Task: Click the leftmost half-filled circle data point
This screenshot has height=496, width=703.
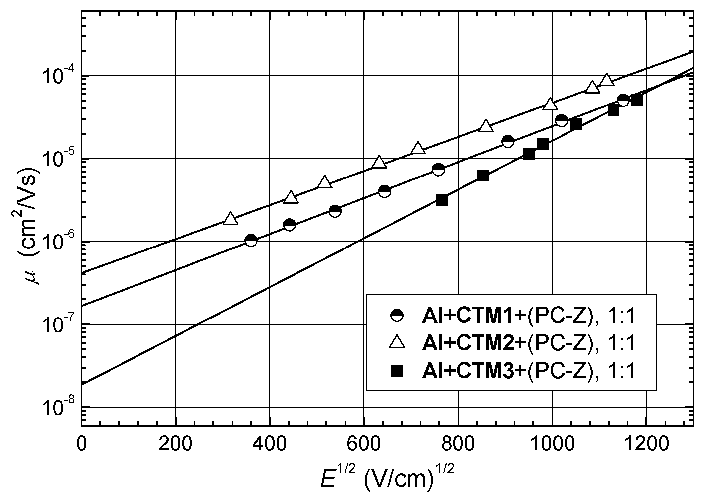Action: [x=251, y=240]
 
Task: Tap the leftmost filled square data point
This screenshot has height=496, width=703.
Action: [x=442, y=200]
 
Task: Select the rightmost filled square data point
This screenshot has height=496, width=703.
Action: [x=637, y=100]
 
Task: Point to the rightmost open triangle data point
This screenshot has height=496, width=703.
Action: [x=607, y=80]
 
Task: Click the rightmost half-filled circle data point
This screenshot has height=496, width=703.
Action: [x=623, y=100]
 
